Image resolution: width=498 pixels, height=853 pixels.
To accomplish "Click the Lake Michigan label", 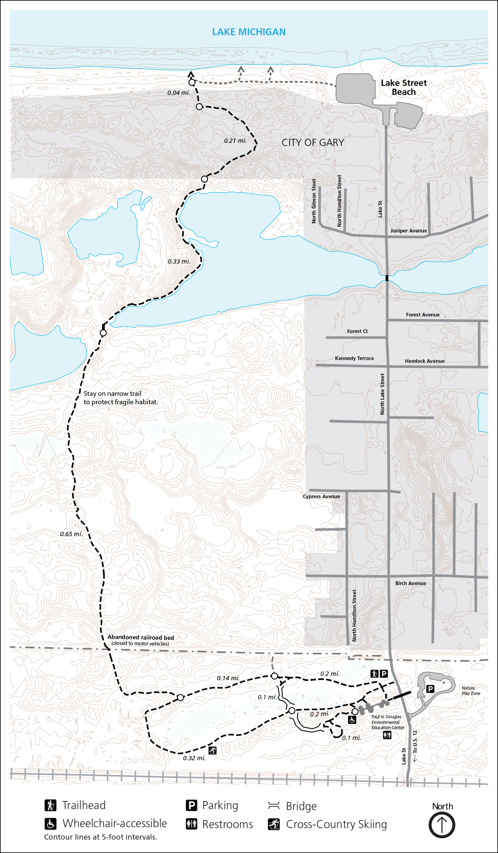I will pos(249,32).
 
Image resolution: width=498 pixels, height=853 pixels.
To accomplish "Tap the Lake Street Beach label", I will pos(404,87).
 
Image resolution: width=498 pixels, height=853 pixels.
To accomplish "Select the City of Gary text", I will pos(313,143).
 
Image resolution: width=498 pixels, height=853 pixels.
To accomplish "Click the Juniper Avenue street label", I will pos(408,231).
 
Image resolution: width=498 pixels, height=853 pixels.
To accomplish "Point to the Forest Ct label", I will pos(357,331).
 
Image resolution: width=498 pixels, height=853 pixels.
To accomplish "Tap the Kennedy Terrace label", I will pos(355,359).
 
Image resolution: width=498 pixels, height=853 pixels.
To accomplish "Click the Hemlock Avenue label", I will pos(425,361).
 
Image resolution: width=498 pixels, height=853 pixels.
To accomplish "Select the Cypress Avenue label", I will pos(321,497).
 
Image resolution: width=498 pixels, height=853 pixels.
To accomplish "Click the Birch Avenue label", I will pos(411,584).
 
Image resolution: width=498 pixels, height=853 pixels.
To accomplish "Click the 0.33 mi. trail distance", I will pos(179,262).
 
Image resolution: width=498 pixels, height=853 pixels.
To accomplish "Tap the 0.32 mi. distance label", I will pos(194,758).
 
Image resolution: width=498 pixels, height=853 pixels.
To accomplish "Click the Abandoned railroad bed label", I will pos(140,638).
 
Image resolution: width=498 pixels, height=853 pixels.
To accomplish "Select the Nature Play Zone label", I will pos(471,691).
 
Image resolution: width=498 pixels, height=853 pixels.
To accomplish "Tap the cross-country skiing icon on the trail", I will pos(212,750).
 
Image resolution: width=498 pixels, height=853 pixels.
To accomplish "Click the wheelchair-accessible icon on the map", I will pos(352,719).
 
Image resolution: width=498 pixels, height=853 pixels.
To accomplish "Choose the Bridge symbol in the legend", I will pos(274,806).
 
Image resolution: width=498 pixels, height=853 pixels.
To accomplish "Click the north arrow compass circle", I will pos(442,825).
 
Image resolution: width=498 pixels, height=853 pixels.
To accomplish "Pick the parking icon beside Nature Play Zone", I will pos(430,688).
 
